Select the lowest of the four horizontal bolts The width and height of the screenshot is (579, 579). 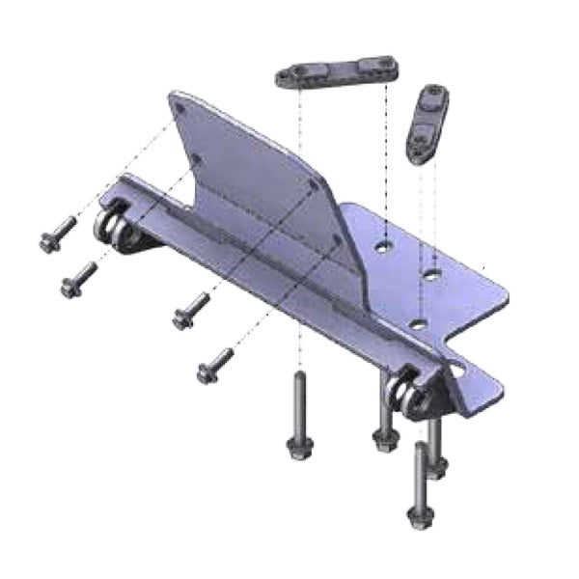coord(214,364)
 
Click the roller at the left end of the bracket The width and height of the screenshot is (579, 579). coord(115,230)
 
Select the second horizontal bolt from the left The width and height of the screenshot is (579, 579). coord(78,280)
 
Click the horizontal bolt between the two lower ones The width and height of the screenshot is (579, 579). coord(191,311)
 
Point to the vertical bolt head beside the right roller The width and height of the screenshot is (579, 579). coord(383,440)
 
